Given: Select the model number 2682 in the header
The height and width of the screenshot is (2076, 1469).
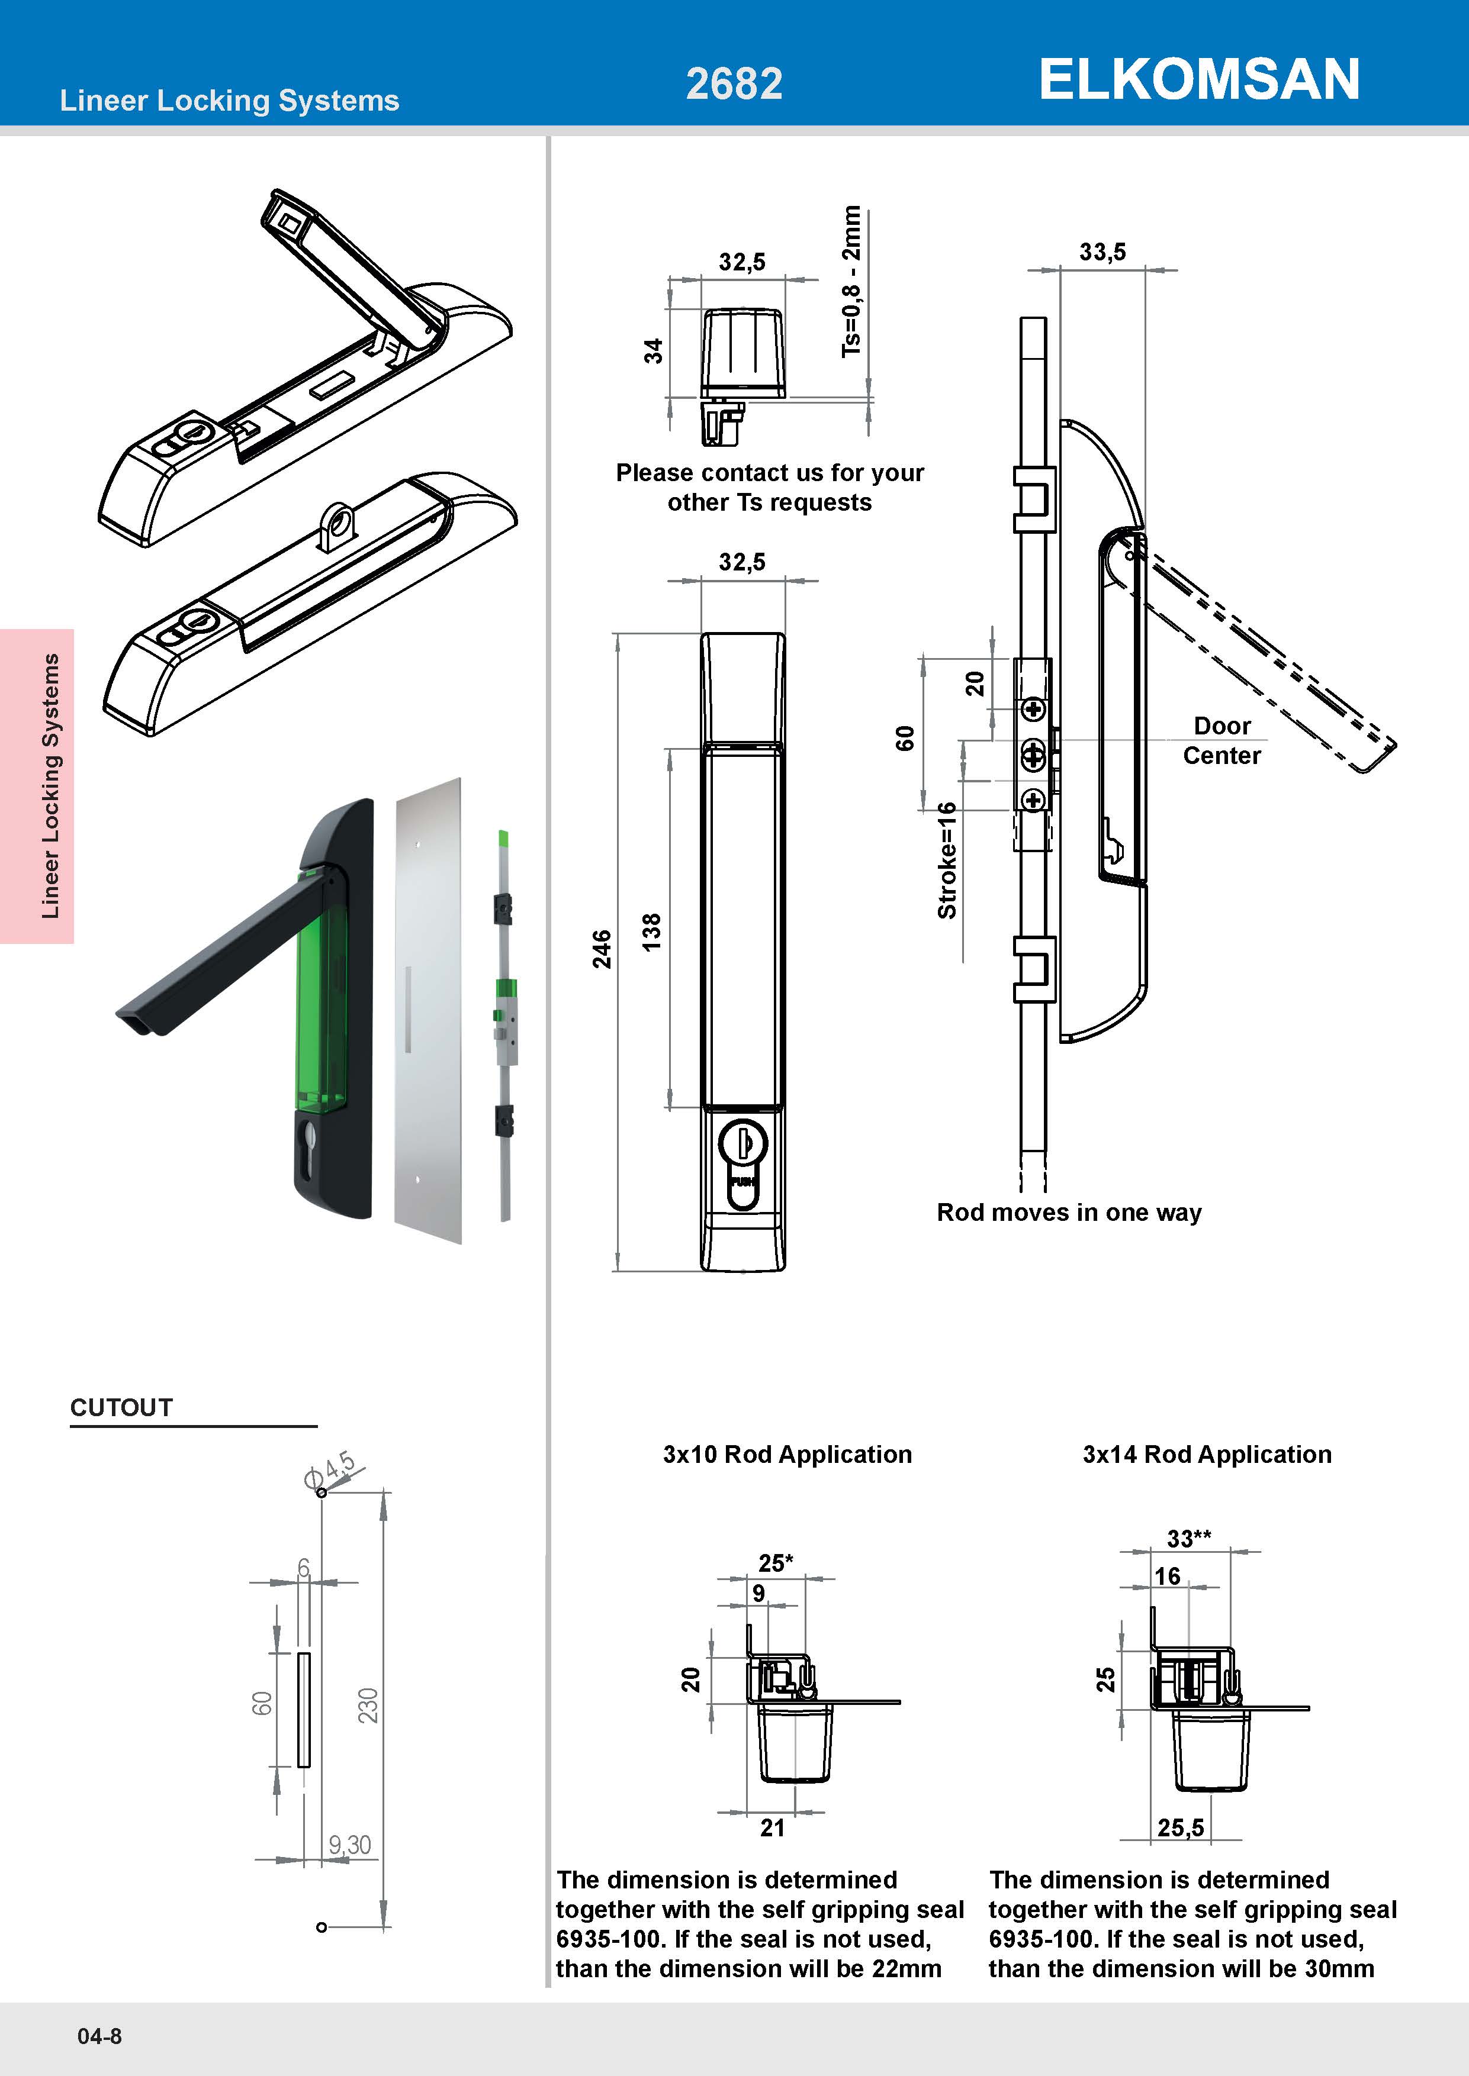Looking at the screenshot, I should tap(734, 84).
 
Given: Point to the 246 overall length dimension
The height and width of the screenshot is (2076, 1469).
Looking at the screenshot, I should tap(602, 949).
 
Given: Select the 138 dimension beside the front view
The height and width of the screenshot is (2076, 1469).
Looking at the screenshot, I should tap(651, 931).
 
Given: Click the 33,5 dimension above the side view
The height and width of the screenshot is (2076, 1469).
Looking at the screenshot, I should tap(1102, 252).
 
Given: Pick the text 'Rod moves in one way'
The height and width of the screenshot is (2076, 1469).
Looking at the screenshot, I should tap(1068, 1213).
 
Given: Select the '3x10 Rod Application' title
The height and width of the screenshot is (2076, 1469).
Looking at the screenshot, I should tap(787, 1454).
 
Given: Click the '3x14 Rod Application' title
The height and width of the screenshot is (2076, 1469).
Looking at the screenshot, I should tap(1207, 1454).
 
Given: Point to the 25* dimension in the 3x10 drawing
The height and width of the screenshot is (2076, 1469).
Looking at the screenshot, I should tap(775, 1562).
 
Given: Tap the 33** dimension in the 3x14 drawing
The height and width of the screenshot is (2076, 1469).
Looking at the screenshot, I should tap(1188, 1538).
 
